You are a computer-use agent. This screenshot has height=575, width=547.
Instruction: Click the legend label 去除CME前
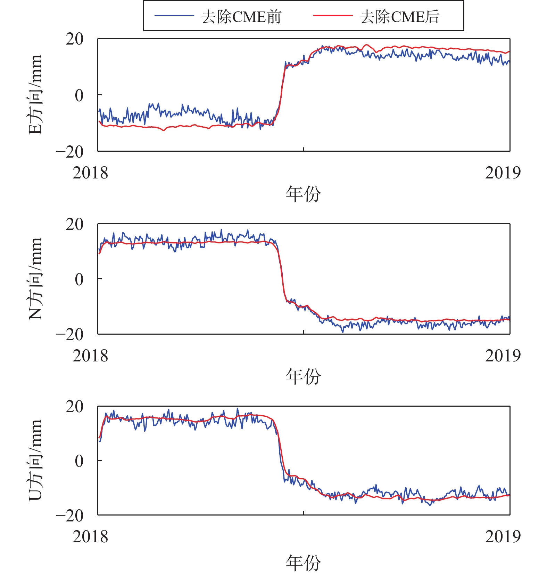click(x=241, y=16)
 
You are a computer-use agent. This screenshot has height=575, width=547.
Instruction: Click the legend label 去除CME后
click(x=399, y=16)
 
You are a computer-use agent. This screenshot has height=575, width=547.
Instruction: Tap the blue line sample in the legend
click(x=174, y=16)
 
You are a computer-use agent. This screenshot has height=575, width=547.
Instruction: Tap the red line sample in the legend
click(x=332, y=16)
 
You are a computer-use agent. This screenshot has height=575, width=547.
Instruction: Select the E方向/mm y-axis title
click(x=35, y=95)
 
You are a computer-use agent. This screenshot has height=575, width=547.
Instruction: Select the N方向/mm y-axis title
click(x=35, y=279)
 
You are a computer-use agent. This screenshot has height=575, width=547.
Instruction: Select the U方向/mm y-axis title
click(x=35, y=460)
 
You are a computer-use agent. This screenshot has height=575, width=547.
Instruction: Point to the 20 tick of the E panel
click(x=75, y=39)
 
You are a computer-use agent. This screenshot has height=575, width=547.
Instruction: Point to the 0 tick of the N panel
click(x=79, y=279)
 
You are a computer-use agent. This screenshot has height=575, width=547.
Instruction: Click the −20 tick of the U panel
click(x=70, y=515)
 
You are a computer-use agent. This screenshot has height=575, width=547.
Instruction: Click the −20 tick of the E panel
click(x=70, y=152)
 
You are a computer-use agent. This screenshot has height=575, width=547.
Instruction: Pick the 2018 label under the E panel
click(x=90, y=173)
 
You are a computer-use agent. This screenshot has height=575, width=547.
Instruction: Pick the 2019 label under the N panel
click(x=503, y=356)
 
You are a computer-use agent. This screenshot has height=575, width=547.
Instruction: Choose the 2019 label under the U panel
click(x=503, y=536)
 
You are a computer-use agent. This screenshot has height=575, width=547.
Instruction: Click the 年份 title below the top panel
click(x=303, y=194)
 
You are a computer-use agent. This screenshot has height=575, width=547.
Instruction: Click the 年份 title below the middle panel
click(x=303, y=376)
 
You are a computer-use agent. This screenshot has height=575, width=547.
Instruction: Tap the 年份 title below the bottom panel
click(x=303, y=562)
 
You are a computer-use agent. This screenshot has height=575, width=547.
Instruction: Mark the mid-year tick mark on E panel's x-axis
click(x=304, y=149)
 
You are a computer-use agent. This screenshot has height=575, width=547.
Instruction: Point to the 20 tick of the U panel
click(x=75, y=406)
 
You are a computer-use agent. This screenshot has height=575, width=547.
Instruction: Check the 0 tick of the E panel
click(x=79, y=95)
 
